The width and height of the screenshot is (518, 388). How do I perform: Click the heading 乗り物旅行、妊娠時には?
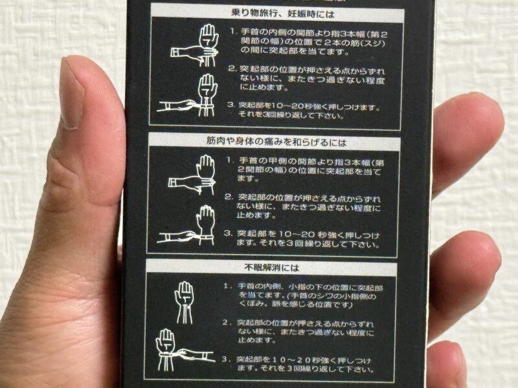[x=282, y=14]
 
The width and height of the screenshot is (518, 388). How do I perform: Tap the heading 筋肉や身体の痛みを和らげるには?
[x=276, y=142]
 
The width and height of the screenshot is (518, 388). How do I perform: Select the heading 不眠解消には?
[x=272, y=268]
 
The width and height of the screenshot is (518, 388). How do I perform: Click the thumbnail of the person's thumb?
[x=73, y=93]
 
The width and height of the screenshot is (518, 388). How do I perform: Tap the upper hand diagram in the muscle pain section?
[x=192, y=175]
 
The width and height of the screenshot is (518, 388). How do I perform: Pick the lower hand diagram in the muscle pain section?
[x=186, y=225]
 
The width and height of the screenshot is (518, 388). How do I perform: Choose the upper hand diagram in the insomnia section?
[x=184, y=302]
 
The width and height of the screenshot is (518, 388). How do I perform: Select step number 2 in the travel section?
[x=232, y=69]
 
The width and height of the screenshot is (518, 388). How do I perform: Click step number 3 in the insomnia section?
[x=225, y=359]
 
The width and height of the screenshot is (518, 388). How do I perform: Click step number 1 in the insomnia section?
[x=226, y=286]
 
